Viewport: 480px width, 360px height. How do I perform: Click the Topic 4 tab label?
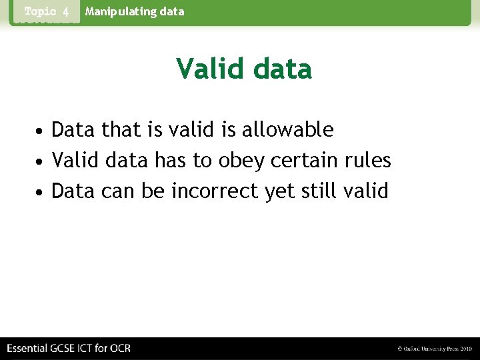(47, 12)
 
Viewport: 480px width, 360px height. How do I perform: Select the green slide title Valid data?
(243, 69)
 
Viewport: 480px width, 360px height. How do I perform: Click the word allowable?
(287, 129)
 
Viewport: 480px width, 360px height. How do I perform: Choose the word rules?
(368, 161)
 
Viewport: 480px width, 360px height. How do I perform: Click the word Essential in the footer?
(29, 348)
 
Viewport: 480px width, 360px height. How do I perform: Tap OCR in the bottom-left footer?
(120, 348)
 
